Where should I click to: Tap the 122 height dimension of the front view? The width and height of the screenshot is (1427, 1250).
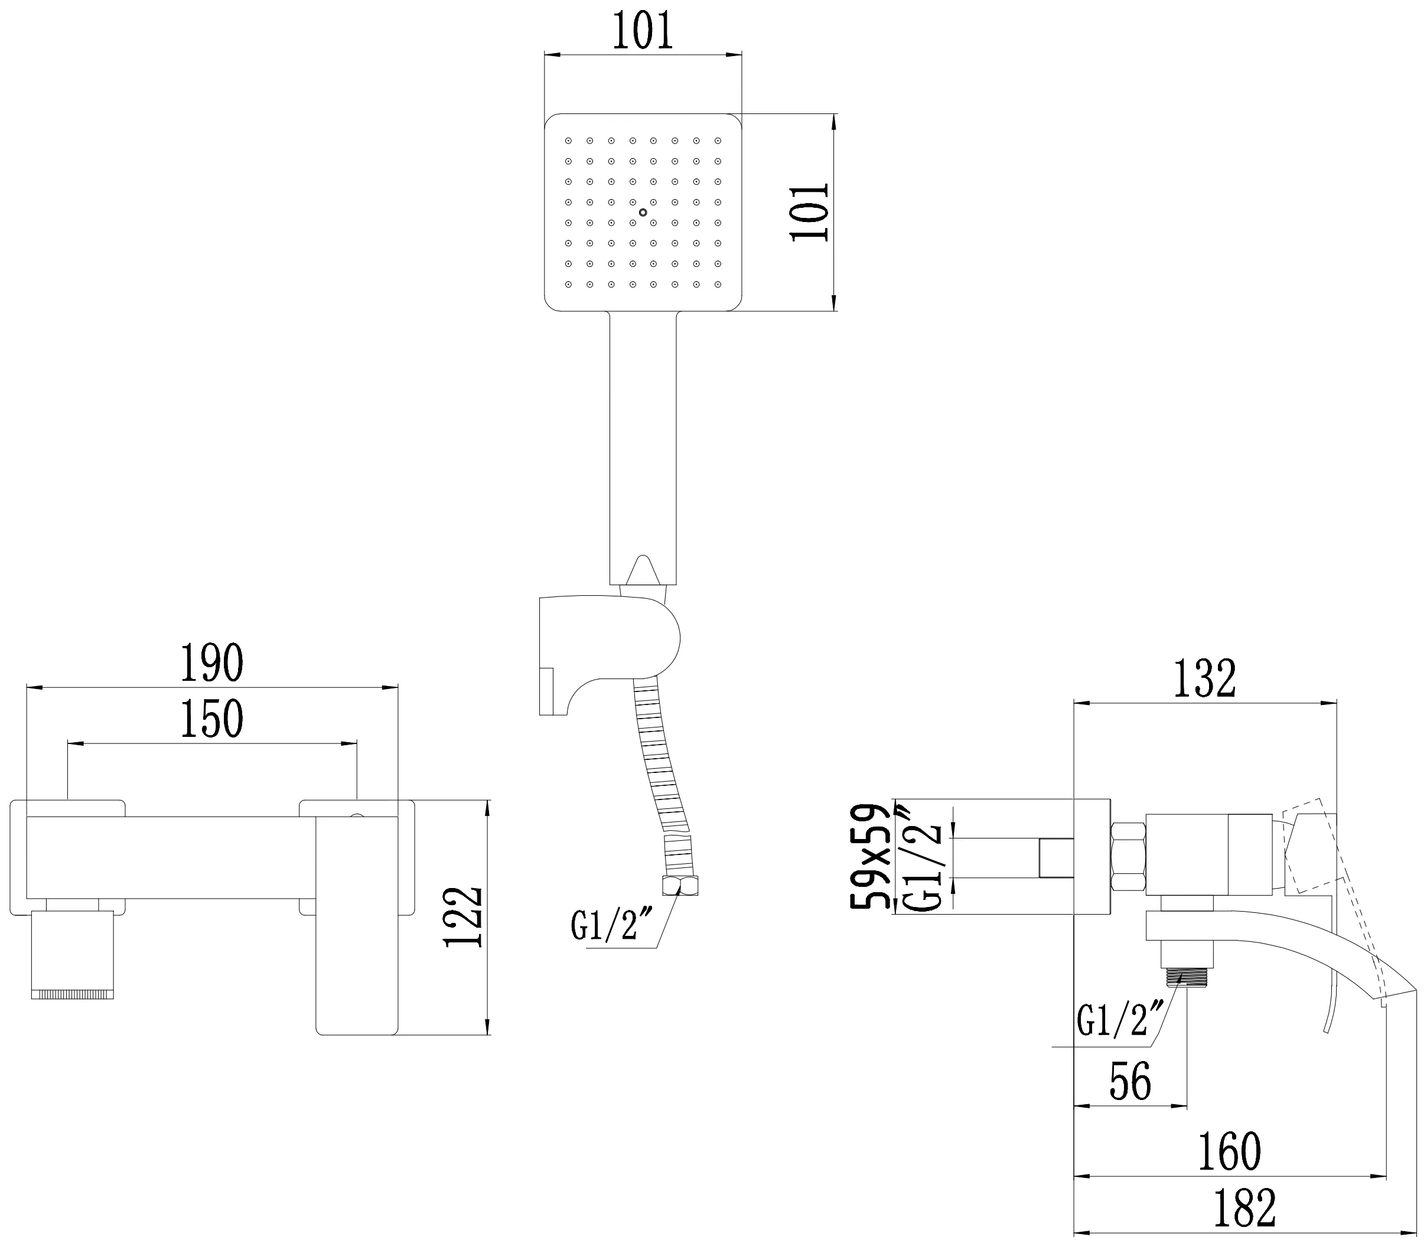coord(463,916)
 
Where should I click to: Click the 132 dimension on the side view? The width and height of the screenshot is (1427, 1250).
coord(1204,678)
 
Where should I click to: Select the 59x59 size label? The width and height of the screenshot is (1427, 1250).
coord(870,856)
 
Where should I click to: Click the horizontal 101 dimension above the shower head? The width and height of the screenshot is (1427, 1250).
coord(643,31)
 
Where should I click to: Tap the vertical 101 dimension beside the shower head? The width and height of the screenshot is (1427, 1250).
coord(810,212)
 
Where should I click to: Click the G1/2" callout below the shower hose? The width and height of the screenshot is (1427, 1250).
coord(604,926)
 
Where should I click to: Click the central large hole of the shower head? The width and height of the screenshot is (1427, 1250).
coord(643,212)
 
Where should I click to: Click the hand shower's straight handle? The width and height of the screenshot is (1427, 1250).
coord(643,446)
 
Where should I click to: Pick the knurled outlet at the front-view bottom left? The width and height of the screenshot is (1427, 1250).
coord(72,993)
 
